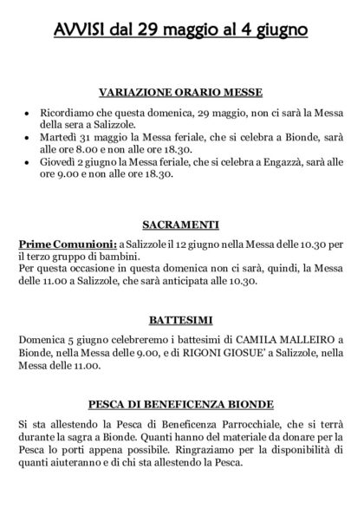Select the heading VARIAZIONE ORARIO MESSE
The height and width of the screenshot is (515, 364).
[x=181, y=92]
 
